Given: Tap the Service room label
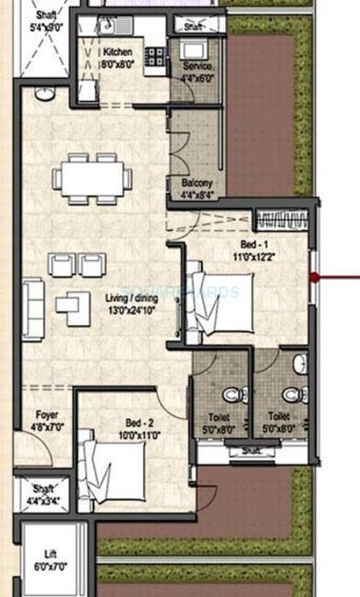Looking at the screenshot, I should pos(197,67).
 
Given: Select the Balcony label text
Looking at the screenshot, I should pos(196,183).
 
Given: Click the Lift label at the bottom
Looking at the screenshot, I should pos(51,555).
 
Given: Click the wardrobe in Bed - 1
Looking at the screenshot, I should pos(281,220).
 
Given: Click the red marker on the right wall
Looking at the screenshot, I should pos(315,275).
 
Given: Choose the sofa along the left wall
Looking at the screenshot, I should pos(33,299).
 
